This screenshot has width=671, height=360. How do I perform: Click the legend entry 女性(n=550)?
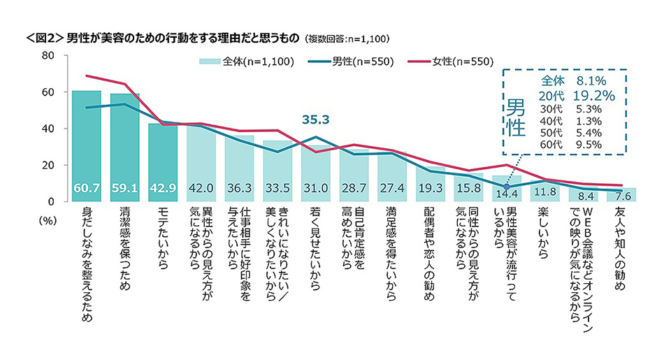pos(456,62)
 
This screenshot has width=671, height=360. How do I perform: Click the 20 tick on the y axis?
pos(49,165)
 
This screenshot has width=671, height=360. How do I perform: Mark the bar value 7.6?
pos(621,195)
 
